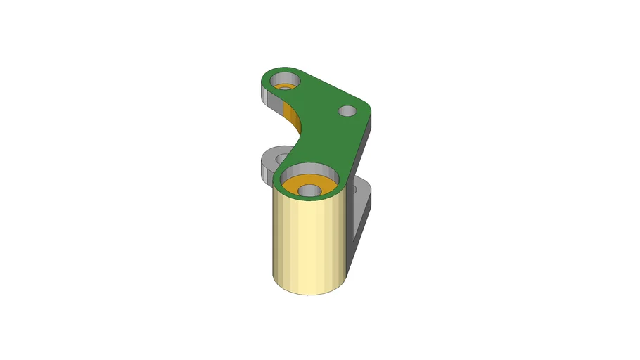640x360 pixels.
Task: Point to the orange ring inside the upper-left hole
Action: point(285,86)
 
